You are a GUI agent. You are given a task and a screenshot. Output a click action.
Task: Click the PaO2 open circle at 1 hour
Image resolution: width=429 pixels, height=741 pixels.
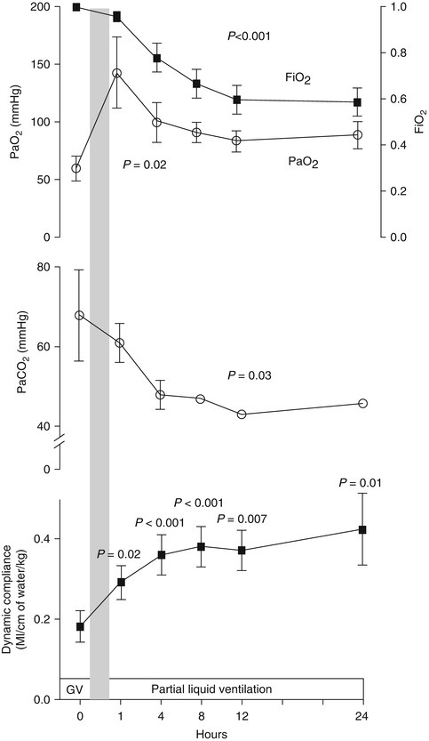pyautogui.click(x=115, y=73)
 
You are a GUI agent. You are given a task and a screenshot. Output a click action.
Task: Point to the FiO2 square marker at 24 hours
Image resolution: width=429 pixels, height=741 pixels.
pyautogui.click(x=357, y=102)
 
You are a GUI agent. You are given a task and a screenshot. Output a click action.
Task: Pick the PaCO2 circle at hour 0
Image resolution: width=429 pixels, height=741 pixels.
pyautogui.click(x=79, y=315)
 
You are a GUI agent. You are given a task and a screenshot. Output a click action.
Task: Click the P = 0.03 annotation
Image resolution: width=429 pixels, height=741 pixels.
pyautogui.click(x=275, y=376)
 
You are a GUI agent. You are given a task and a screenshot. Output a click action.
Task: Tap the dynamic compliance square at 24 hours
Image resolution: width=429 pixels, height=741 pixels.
pyautogui.click(x=361, y=529)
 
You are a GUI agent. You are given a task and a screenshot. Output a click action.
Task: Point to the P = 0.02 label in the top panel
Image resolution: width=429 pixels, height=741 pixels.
pyautogui.click(x=143, y=165)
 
